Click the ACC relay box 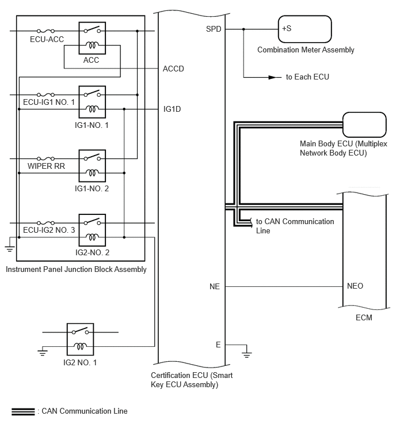tap(92, 38)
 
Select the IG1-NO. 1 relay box tap(92, 102)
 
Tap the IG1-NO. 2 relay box tap(92, 165)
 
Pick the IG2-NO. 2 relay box tap(92, 230)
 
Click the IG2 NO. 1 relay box tap(80, 339)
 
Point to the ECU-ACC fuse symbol tap(45, 31)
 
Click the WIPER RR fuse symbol tap(45, 158)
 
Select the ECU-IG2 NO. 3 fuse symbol tap(45, 223)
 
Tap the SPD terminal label tap(214, 29)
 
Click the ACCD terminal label tap(173, 69)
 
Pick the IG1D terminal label tap(172, 109)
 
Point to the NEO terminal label tap(355, 286)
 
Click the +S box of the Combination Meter tap(304, 29)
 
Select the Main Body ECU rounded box tap(364, 124)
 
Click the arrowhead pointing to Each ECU tap(273, 77)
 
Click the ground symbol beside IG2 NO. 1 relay tap(43, 353)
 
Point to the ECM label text tap(364, 317)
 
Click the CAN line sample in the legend tap(23, 412)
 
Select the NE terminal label tap(215, 286)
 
